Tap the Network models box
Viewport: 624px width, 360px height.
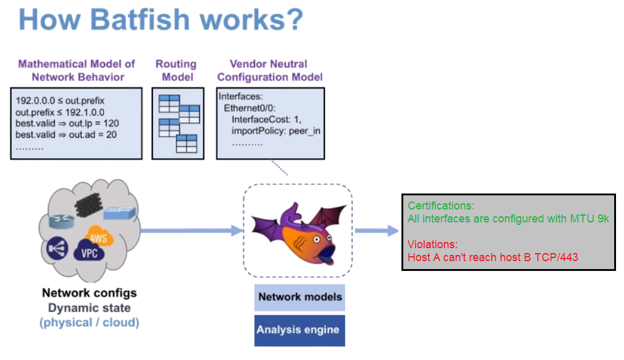click(x=300, y=297)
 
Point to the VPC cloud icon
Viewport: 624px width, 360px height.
click(x=89, y=252)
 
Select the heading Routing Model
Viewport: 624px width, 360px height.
click(x=176, y=70)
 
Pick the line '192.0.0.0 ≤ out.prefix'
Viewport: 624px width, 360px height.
click(x=60, y=100)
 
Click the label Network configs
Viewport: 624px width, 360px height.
click(x=89, y=293)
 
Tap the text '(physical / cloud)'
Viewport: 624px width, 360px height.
click(x=89, y=322)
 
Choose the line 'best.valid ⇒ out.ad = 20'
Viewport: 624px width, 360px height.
click(x=66, y=135)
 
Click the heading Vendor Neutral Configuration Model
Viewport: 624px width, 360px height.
click(x=270, y=70)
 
